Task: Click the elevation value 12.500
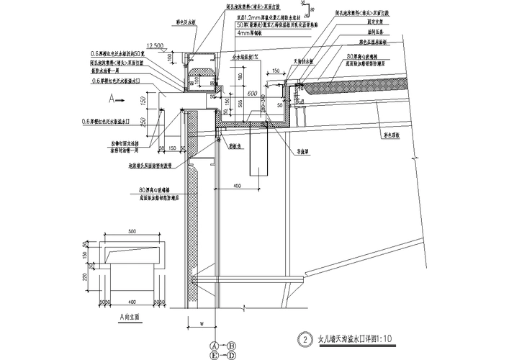click(x=163, y=45)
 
